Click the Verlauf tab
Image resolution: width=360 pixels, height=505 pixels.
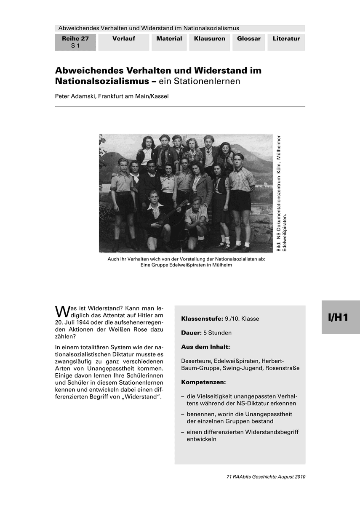[123, 39]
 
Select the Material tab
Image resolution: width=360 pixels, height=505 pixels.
[169, 39]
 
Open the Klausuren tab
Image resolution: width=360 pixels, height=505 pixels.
[209, 39]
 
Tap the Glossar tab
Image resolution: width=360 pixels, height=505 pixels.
[248, 39]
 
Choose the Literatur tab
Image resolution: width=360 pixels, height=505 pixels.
[286, 39]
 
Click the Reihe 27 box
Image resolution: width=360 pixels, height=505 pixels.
[75, 42]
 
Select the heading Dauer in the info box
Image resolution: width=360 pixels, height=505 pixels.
[191, 333]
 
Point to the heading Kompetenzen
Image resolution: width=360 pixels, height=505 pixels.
[203, 383]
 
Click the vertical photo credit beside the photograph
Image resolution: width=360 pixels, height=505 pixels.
[281, 194]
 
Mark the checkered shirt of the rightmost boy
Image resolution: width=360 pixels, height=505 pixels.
[242, 179]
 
